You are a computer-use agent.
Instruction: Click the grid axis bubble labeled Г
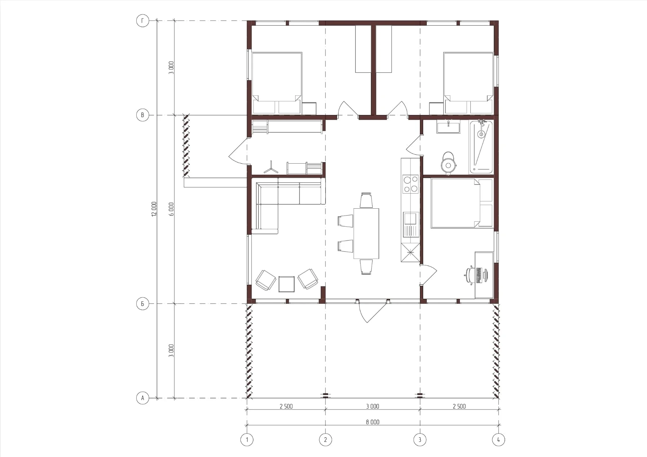143,21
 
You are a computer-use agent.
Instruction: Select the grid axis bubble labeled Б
143,304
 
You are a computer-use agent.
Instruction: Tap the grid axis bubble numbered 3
420,439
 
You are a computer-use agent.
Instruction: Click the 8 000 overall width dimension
372,422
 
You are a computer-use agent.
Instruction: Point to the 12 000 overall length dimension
154,209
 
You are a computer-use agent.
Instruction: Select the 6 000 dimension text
172,209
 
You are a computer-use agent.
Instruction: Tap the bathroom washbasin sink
448,127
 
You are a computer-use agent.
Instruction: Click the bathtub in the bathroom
481,147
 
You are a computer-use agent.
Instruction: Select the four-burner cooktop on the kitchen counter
411,184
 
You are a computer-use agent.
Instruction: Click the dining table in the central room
366,234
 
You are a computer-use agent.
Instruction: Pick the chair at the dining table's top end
366,200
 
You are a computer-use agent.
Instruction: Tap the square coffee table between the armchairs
287,284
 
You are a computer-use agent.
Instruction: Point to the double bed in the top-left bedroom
277,83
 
